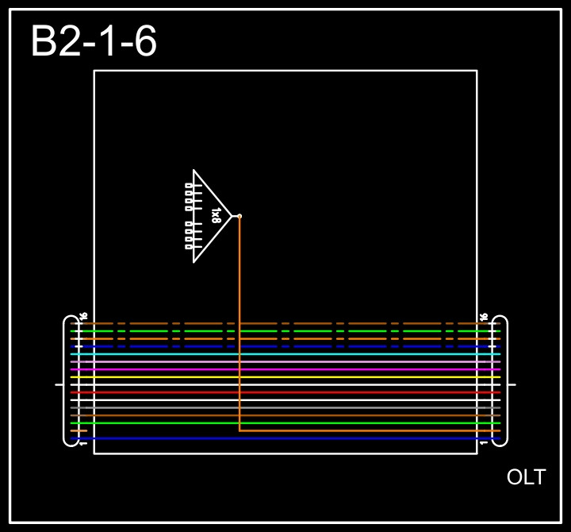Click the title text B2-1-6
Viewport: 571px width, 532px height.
pyautogui.click(x=94, y=42)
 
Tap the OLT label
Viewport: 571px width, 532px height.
pyautogui.click(x=526, y=477)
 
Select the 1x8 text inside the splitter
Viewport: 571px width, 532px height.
pyautogui.click(x=216, y=215)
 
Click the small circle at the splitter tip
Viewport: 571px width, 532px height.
pyautogui.click(x=240, y=216)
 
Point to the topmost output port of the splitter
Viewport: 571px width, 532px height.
pyautogui.click(x=189, y=185)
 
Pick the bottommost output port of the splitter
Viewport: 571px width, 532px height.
pyautogui.click(x=189, y=247)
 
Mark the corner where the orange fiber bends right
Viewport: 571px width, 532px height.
pyautogui.click(x=240, y=430)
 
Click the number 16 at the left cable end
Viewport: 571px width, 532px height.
pyautogui.click(x=83, y=317)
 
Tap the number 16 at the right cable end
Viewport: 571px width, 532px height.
pyautogui.click(x=484, y=317)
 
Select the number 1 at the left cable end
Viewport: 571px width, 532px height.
pyautogui.click(x=83, y=442)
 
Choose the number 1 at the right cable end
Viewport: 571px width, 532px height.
pyautogui.click(x=484, y=442)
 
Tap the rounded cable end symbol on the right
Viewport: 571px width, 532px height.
pyautogui.click(x=501, y=381)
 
